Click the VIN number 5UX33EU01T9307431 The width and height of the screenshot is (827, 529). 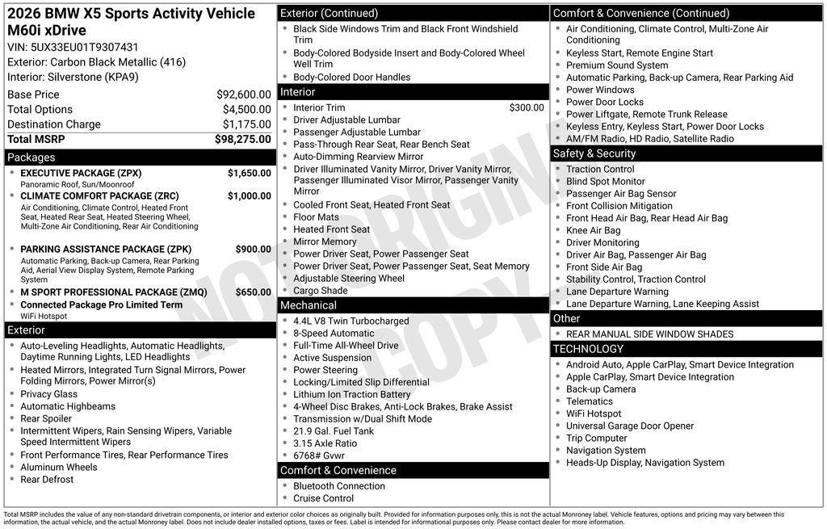[x=85, y=47]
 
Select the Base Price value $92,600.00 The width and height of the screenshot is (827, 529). [x=243, y=94]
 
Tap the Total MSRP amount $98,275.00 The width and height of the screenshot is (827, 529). [x=242, y=139]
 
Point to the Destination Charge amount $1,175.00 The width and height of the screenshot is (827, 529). [x=246, y=124]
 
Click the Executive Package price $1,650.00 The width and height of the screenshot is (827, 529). [x=249, y=173]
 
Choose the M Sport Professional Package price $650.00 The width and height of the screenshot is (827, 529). [x=253, y=292]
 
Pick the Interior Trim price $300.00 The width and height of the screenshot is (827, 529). [x=526, y=107]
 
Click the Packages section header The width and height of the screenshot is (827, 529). [x=31, y=157]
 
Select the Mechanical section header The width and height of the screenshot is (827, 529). [x=308, y=305]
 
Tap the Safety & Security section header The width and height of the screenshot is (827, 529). [x=594, y=153]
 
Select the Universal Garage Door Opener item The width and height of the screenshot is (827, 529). [x=629, y=426]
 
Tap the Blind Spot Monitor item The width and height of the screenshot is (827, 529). [x=605, y=182]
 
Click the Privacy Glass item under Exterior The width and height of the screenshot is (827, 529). [x=49, y=394]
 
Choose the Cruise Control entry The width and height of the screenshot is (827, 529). [x=323, y=498]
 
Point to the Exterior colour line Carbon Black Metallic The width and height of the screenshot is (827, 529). [x=96, y=62]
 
